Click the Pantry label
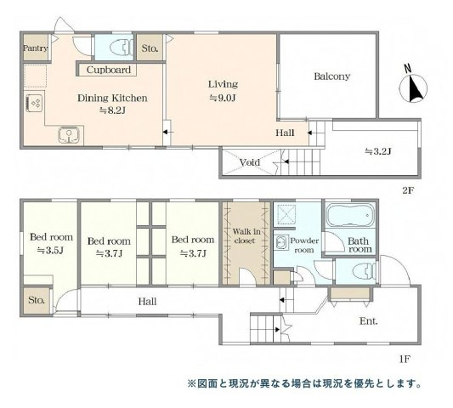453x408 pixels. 35,48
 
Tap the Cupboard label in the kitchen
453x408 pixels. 108,70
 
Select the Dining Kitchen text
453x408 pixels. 112,99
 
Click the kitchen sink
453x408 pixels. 68,133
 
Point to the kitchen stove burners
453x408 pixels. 36,103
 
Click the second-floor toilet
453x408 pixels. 116,47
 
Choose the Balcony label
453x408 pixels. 332,76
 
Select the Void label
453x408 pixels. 250,161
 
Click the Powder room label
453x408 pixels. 303,245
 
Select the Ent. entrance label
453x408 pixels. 367,320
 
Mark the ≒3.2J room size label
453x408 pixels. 377,152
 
